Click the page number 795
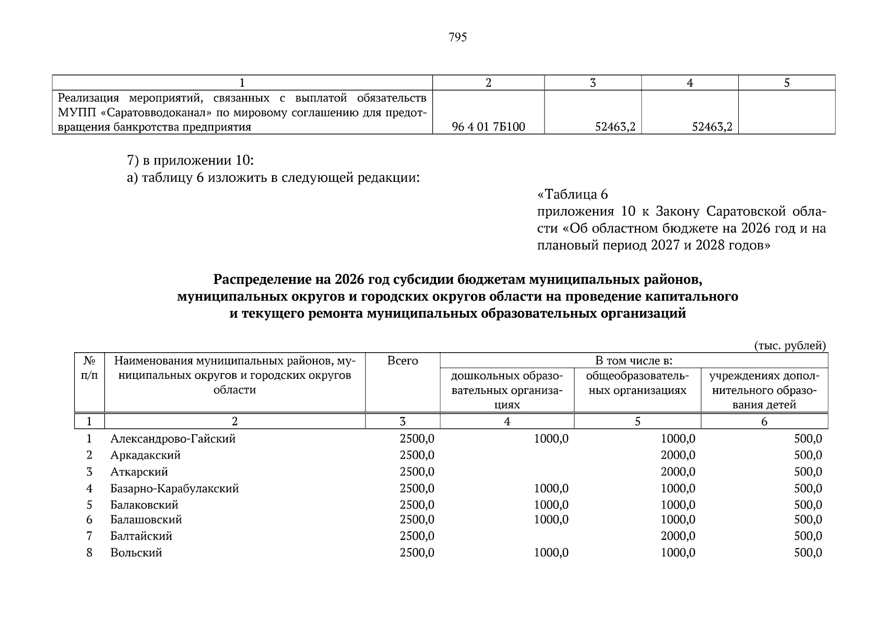(x=457, y=37)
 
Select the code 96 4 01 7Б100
(x=489, y=127)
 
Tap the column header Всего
(x=403, y=361)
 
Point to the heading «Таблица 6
(x=573, y=195)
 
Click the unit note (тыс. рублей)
(x=790, y=345)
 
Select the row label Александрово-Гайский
(x=173, y=438)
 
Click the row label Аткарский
(x=139, y=472)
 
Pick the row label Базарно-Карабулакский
(x=174, y=489)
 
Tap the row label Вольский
(x=136, y=553)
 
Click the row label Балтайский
(x=141, y=536)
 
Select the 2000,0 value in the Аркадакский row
(x=678, y=455)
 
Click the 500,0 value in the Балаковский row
(x=808, y=505)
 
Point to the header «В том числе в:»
(x=633, y=361)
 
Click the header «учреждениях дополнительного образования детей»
(x=764, y=390)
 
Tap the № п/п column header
(x=89, y=368)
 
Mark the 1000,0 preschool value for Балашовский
(x=551, y=519)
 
